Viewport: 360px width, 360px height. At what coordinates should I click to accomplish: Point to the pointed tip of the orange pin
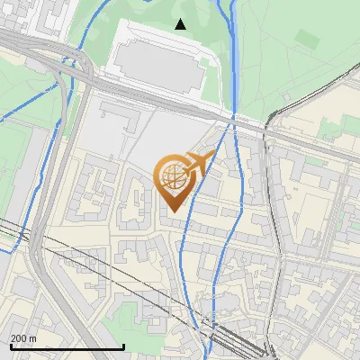tap(171, 212)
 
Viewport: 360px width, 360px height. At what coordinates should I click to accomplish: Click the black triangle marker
tap(181, 24)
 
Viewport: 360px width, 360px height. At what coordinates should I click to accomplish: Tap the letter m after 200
tap(33, 338)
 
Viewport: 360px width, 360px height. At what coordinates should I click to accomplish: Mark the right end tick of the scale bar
tap(123, 346)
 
